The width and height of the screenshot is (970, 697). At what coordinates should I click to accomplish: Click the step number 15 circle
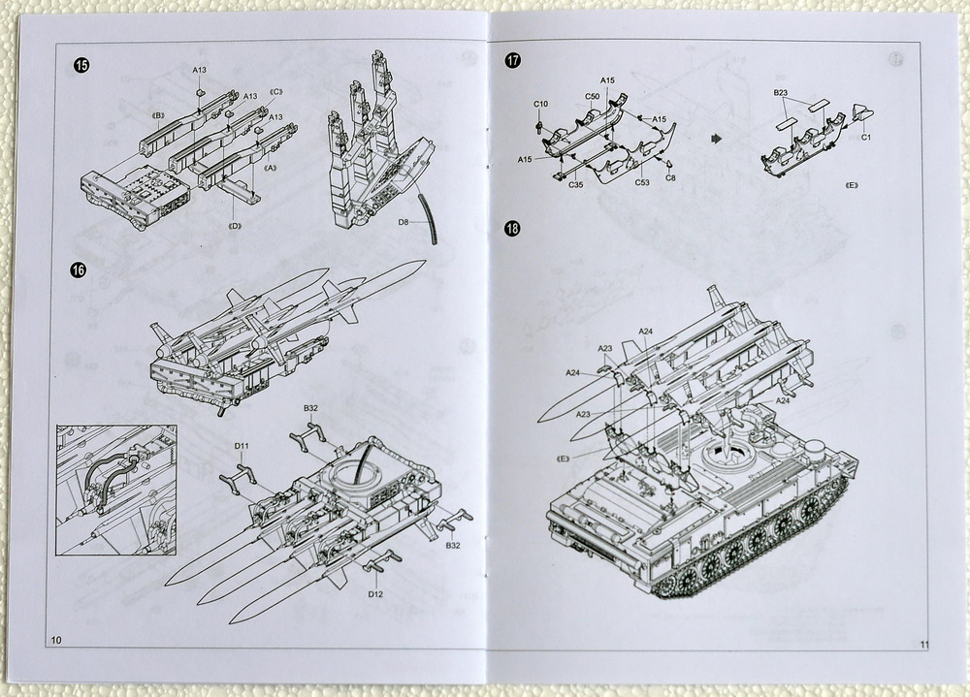(81, 65)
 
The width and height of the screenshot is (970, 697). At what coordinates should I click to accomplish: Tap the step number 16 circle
(79, 269)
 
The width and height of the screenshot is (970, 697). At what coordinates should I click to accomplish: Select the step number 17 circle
(513, 60)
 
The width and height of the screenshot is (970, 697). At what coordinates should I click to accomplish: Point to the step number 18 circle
(512, 229)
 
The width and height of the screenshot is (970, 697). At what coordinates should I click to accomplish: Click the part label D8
(406, 222)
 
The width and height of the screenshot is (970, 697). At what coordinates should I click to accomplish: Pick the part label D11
(242, 446)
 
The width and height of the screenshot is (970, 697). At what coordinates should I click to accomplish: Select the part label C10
(540, 104)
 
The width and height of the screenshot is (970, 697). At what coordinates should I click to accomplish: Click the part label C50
(592, 96)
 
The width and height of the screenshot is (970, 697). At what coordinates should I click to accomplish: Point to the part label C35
(576, 184)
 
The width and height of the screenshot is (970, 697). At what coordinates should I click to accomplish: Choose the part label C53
(642, 182)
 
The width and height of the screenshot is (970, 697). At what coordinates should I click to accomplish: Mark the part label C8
(670, 177)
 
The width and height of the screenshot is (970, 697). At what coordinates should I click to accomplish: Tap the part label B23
(780, 92)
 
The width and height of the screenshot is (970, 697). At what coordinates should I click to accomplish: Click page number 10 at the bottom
(55, 641)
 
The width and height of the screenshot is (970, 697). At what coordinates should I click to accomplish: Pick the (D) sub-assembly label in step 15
(234, 227)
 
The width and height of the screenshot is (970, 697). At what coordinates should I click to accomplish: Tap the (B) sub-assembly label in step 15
(158, 115)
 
